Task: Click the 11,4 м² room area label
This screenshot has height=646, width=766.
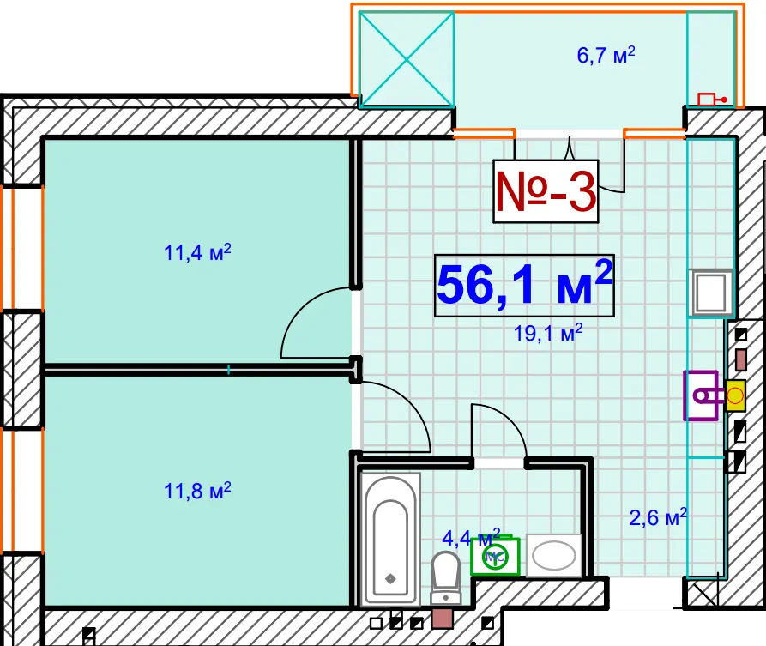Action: pos(197,252)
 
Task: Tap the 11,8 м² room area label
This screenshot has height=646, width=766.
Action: pos(197,491)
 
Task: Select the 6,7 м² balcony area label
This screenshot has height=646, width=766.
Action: pos(606,55)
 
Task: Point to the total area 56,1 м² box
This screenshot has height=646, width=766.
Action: pos(524,286)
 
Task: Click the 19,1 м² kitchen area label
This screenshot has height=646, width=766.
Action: pos(547,333)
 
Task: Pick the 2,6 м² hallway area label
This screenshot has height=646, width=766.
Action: pos(658,517)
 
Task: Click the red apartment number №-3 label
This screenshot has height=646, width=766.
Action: pos(546,191)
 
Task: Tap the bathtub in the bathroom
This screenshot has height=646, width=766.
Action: pos(389,540)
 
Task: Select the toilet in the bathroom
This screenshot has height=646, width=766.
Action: pos(445,577)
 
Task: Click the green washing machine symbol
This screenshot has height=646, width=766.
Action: pos(495,556)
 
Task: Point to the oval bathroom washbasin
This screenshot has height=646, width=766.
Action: pos(554,556)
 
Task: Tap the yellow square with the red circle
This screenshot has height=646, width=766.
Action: pos(735,395)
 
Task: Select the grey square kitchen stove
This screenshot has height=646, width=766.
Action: pos(711,293)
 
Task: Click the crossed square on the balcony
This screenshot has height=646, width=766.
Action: pos(407,59)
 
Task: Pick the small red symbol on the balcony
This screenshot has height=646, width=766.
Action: pos(712,100)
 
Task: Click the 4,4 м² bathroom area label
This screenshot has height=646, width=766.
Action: pos(471,538)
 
